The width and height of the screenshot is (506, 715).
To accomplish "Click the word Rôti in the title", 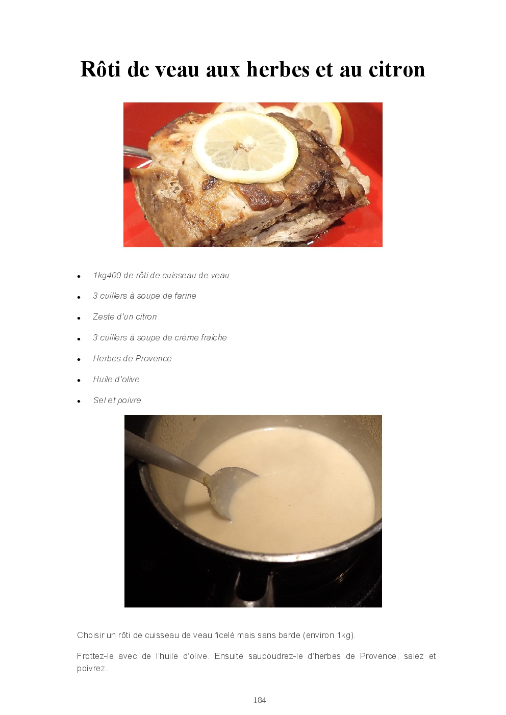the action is pos(100,69).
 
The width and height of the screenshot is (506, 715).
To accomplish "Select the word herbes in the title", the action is pos(277,69).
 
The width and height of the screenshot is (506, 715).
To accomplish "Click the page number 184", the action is pos(260,700).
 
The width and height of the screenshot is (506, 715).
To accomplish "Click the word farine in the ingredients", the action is pos(186,296).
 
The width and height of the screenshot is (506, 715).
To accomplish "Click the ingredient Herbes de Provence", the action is pos(132,358).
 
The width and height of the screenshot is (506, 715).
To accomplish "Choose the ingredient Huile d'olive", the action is pos(116,379).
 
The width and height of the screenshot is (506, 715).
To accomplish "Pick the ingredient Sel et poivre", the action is pos(117,400).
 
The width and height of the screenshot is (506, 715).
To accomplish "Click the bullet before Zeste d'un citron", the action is pos(79,318).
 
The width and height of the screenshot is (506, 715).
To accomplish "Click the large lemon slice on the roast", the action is pos(245,147).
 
